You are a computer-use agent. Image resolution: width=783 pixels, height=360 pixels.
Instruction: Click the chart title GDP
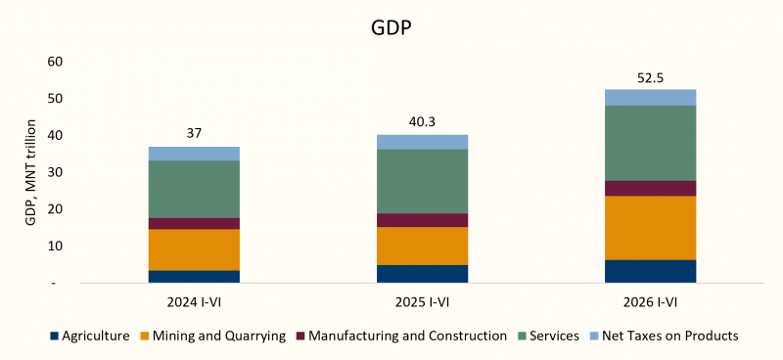391,28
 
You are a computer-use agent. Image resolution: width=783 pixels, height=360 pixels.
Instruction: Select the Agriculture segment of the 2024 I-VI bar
194,277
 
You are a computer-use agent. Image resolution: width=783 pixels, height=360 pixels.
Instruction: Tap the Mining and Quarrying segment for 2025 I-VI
423,247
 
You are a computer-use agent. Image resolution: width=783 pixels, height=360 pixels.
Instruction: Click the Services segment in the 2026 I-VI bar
651,143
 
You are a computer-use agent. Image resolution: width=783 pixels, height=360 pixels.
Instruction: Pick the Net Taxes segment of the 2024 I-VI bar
194,154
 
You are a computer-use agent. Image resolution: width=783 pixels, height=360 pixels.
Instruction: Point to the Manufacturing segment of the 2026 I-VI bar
651,188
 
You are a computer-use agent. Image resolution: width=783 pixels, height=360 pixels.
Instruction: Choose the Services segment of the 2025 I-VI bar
423,182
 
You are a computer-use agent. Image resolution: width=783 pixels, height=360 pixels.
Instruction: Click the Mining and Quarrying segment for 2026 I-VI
651,228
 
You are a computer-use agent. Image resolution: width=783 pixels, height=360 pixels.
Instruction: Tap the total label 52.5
651,79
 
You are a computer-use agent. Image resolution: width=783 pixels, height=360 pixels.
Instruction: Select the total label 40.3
423,123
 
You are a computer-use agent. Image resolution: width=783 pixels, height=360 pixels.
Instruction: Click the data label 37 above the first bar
194,134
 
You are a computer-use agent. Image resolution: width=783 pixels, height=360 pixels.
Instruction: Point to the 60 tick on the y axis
55,62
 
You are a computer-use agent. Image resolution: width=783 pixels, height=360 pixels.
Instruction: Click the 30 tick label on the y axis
55,173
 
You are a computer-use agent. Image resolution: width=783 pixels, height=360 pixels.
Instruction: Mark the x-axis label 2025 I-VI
423,302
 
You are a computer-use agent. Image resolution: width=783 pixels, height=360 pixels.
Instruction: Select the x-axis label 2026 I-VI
651,302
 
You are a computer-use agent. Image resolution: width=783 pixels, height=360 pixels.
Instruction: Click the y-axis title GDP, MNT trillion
31,173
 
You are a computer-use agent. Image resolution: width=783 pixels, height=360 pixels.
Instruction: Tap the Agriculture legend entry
90,337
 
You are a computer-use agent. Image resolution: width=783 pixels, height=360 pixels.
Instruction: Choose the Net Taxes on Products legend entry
664,337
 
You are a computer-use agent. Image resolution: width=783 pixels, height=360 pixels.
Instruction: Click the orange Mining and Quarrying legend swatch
145,337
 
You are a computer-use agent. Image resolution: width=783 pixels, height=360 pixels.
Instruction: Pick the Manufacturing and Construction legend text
407,337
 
